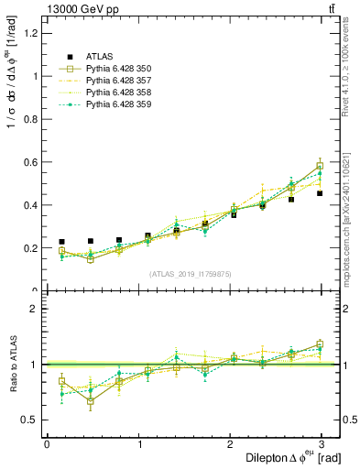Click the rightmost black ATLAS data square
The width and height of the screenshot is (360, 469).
(320, 193)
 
